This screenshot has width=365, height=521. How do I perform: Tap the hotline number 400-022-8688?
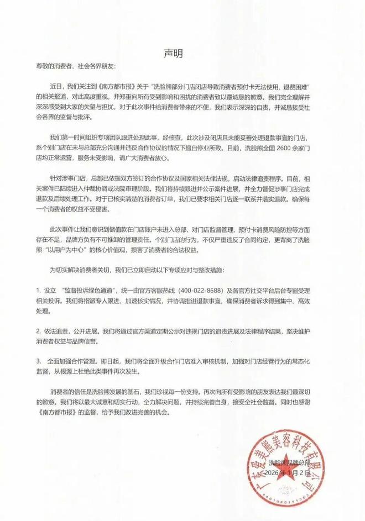pyautogui.click(x=230, y=290)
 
